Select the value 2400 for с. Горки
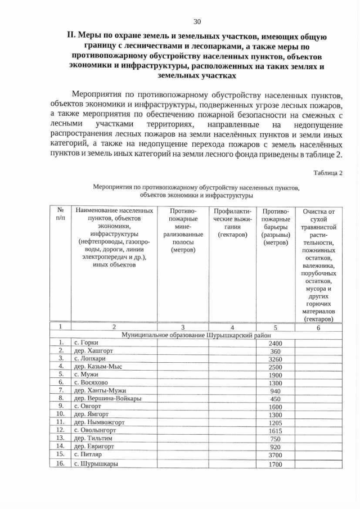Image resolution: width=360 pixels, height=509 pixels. coord(275,344)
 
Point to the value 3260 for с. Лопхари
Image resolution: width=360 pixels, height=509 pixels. coord(275,359)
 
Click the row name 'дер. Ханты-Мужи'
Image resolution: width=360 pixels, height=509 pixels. coord(100,391)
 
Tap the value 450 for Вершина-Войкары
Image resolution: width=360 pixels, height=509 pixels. coord(275,399)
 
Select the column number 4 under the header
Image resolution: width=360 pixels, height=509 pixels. coord(232,327)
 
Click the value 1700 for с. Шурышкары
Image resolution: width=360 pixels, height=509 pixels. coord(275,465)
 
